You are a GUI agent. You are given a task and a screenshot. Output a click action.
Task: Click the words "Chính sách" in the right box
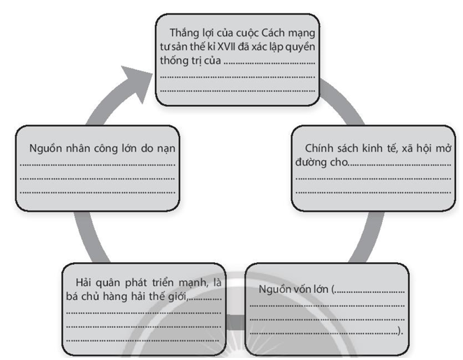pyautogui.click(x=329, y=149)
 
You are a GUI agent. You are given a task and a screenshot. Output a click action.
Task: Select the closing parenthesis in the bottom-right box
pyautogui.click(x=401, y=331)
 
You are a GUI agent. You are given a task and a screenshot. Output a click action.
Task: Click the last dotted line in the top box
pyautogui.click(x=237, y=89)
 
